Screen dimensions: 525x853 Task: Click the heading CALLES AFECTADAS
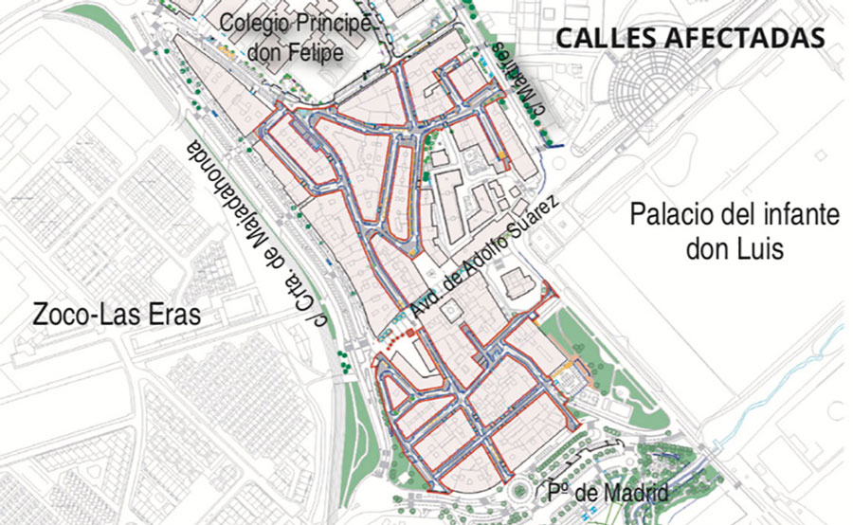point(689,39)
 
